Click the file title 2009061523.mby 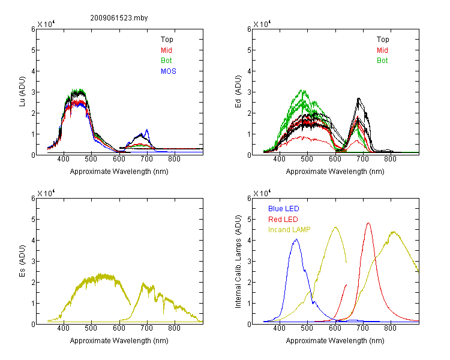pos(119,18)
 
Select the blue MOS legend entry pos(169,71)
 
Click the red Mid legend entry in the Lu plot pos(166,50)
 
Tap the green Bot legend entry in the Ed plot pos(382,61)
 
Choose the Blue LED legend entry pos(284,209)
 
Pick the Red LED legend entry pos(283,220)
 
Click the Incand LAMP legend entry pos(289,230)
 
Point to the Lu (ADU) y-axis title pos(22,92)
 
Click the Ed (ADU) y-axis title pos(238,92)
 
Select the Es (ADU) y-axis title pos(22,261)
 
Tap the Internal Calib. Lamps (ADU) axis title pos(238,262)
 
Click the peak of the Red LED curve pos(368,223)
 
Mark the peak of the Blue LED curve pos(296,239)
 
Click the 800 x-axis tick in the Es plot pos(174,328)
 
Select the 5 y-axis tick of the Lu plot pos(33,50)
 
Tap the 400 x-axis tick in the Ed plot pos(279,159)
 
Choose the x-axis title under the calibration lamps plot pos(335,341)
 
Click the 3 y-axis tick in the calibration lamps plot pos(249,262)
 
